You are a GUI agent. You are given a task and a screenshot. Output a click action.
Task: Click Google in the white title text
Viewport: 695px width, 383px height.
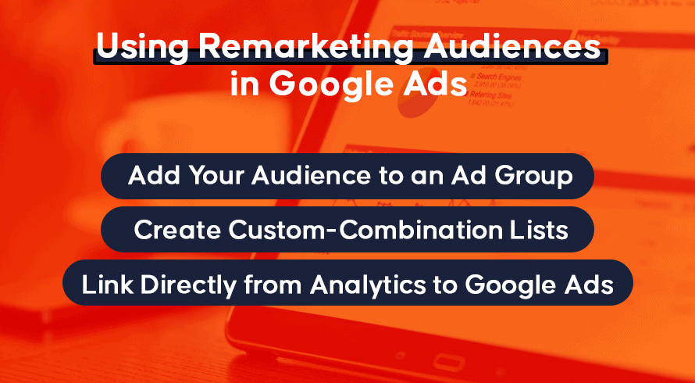331,85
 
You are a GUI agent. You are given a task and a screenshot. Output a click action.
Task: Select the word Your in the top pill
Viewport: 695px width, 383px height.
217,175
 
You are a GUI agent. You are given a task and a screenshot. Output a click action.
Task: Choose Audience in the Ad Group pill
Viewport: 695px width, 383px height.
310,175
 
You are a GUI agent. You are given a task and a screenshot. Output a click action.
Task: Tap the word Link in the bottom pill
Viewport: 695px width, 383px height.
107,284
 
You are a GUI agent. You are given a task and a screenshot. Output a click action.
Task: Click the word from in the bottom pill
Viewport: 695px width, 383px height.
273,284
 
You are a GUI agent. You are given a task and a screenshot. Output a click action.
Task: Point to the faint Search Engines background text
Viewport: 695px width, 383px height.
499,77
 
